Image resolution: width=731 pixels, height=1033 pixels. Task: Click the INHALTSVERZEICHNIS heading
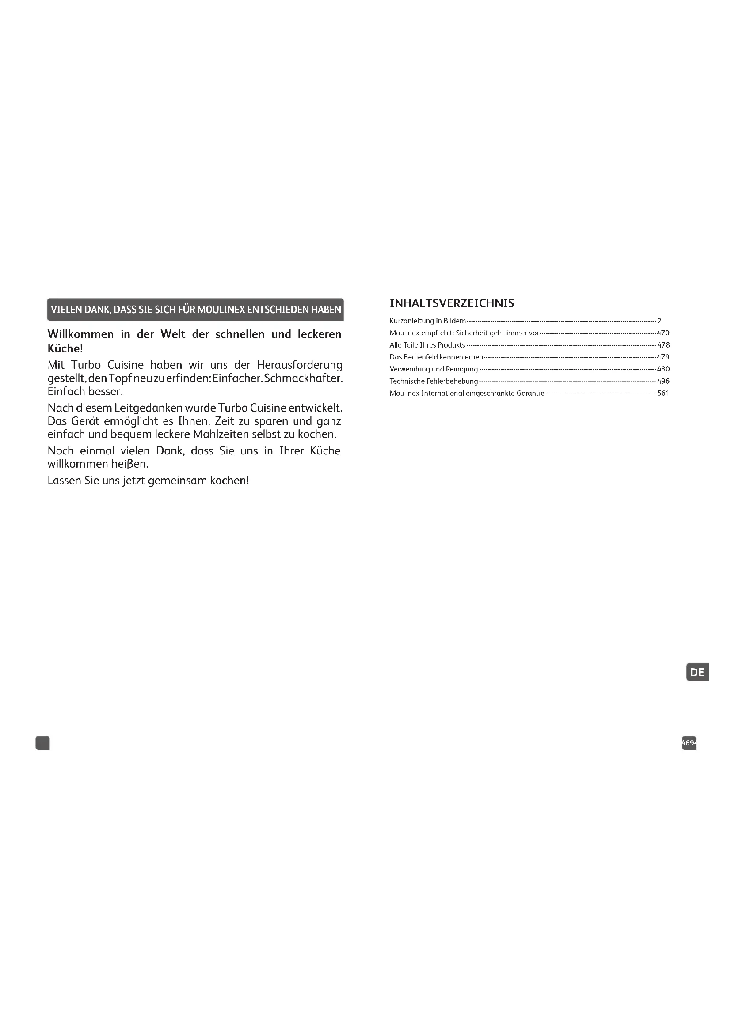point(452,303)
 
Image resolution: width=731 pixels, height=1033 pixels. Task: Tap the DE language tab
point(697,672)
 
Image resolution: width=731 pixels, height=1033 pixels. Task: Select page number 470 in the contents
point(663,333)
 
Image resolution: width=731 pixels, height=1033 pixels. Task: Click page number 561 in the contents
point(663,393)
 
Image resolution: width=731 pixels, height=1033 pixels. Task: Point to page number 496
point(663,381)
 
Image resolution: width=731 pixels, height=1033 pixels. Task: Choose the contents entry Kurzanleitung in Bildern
point(427,321)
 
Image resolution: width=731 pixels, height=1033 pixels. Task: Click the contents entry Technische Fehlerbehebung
point(434,381)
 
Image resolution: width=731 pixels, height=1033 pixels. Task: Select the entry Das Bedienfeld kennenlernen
point(436,357)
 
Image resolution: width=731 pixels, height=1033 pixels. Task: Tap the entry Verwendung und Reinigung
point(434,369)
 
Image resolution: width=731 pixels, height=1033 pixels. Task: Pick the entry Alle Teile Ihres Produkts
point(427,345)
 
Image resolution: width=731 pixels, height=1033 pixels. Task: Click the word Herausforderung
point(299,365)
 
